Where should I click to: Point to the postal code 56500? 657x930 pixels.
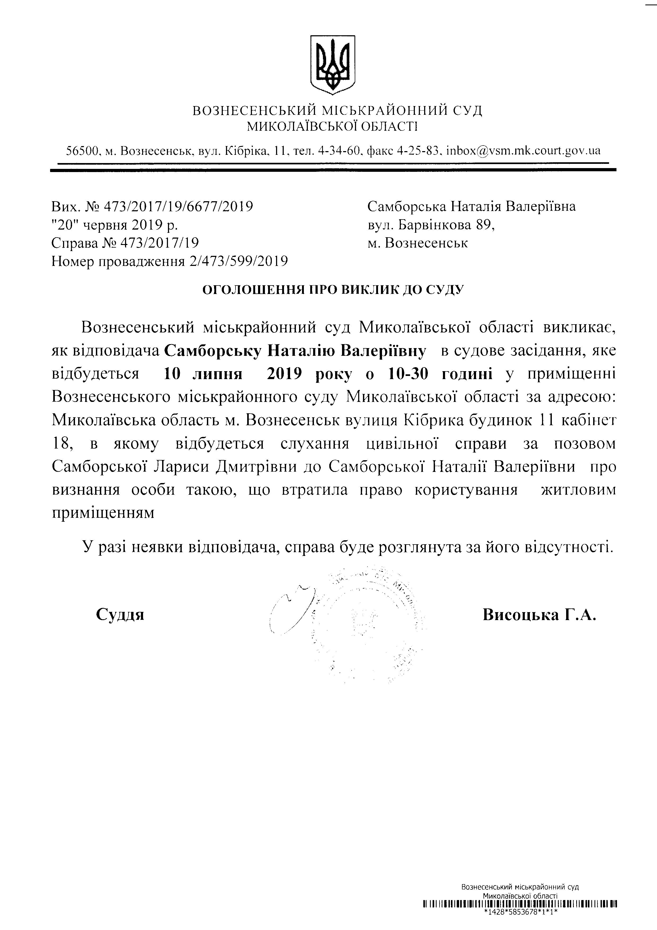click(83, 151)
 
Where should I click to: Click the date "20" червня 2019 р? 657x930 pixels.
click(114, 225)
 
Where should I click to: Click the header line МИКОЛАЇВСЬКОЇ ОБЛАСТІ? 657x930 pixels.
click(332, 127)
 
